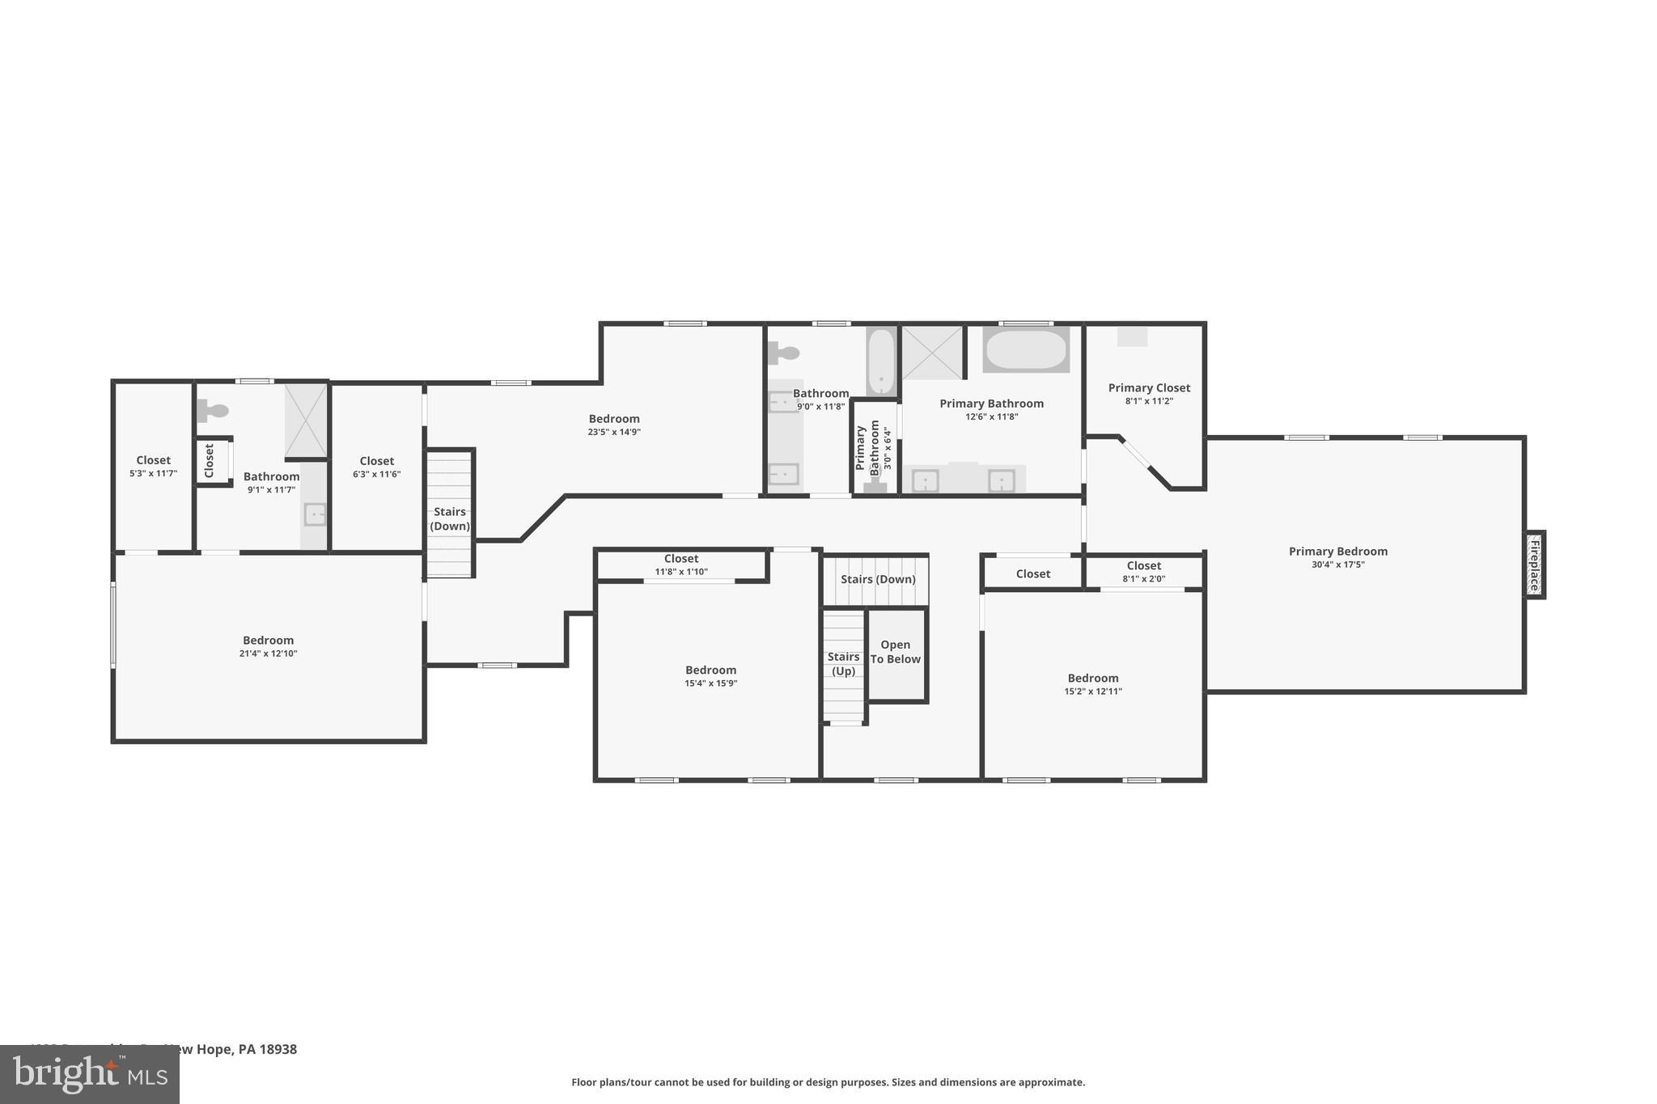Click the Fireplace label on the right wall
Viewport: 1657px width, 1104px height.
(1534, 565)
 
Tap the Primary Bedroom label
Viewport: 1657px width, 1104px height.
(1337, 552)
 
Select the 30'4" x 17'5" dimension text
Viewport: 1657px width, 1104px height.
(1337, 565)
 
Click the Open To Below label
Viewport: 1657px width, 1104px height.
(895, 652)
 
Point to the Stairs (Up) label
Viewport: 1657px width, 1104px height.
(843, 664)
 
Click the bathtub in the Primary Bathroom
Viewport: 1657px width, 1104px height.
(1026, 349)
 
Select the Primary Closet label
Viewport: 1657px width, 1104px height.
(1149, 388)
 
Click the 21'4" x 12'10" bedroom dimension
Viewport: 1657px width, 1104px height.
(268, 654)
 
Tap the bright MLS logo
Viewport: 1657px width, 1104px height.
(89, 1074)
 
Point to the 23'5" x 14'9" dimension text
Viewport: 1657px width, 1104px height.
(613, 432)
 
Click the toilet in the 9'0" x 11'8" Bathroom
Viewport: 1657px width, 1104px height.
(784, 353)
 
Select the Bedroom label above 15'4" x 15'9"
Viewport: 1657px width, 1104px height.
(710, 670)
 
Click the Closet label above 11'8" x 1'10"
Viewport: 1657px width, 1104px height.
(680, 559)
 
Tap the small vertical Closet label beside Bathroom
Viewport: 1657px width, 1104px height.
(209, 460)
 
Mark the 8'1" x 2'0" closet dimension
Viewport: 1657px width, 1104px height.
(1143, 579)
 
